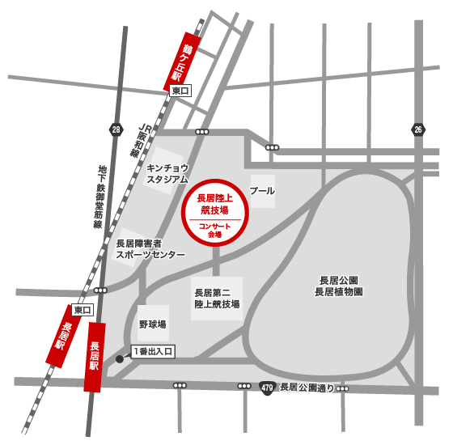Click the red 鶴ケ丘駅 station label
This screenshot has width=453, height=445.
(181, 59)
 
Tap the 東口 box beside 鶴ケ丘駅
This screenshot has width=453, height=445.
(180, 92)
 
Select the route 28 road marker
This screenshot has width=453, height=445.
(116, 129)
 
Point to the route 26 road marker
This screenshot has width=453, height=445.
(417, 129)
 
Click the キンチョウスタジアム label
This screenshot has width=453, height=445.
(167, 173)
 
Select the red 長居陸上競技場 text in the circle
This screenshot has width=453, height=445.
(214, 202)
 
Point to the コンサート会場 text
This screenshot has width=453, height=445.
(214, 229)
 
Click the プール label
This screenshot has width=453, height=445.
(263, 192)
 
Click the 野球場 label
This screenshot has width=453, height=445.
(152, 324)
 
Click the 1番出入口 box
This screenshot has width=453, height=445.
(153, 352)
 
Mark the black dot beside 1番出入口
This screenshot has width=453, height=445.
(120, 358)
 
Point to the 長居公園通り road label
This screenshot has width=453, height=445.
(307, 388)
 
